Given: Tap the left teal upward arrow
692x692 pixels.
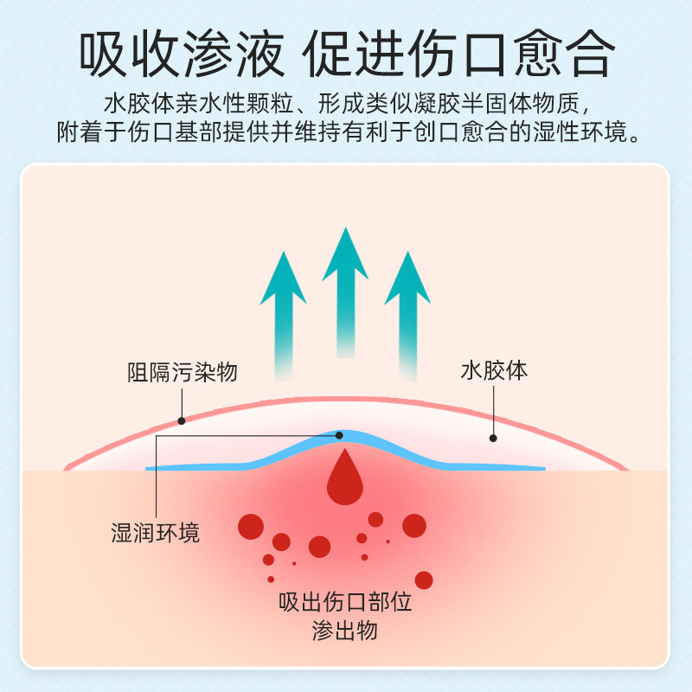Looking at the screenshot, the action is click(283, 311).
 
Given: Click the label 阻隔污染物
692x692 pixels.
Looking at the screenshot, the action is click(182, 373).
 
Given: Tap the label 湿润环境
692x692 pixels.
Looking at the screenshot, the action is click(156, 533).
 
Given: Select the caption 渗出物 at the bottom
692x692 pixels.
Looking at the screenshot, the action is click(345, 631).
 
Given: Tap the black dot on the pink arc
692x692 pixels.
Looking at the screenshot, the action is click(182, 421).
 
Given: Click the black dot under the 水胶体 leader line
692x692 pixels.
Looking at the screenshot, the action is click(493, 438).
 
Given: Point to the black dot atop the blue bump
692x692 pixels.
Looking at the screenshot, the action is click(340, 435).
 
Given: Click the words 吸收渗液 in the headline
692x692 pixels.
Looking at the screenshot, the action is click(182, 56).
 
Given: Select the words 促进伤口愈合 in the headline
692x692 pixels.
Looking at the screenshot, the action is click(458, 56).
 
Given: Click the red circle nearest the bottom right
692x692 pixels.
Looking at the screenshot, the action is click(424, 579).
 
